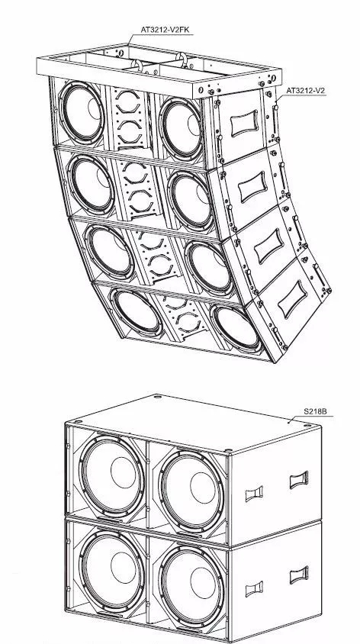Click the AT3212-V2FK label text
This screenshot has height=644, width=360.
(x=165, y=30)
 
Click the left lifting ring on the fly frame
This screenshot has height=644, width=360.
(x=137, y=65)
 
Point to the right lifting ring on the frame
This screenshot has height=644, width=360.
(x=182, y=59)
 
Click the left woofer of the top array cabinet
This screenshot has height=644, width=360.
(x=82, y=112)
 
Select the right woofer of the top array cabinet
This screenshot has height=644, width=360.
(x=181, y=128)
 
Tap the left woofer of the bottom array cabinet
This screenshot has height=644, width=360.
(x=136, y=311)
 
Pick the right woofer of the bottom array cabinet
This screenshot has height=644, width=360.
(x=236, y=329)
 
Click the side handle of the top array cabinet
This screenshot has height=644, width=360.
(x=244, y=123)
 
